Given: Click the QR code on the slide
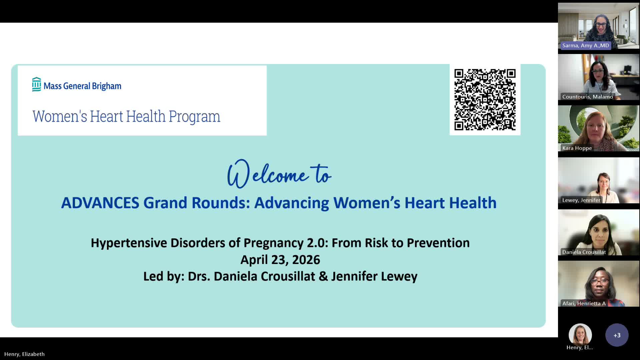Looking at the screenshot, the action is coord(485,100).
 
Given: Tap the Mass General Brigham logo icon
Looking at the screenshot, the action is coord(37,84).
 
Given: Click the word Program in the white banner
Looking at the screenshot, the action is coord(194,117).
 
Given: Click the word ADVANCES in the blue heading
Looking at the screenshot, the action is coord(100,203).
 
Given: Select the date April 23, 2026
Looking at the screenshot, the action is coord(280,260).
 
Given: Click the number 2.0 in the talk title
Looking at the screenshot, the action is coord(317,243).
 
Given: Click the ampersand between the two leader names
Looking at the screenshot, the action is coord(323,276).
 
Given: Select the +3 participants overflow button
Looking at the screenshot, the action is coord(617,335).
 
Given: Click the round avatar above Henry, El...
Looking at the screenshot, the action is coord(580,334).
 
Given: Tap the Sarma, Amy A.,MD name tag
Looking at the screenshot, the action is coord(586,46).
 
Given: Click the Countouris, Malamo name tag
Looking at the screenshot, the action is coord(588,97).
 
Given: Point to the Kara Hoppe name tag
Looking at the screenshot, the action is coord(577,148).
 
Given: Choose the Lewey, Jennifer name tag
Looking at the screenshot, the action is coord(581,200).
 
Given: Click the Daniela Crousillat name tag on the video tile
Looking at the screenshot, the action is coord(584,252).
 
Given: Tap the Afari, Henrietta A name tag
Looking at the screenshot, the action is coord(584,303).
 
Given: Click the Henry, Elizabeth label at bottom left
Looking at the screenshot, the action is coord(24,354).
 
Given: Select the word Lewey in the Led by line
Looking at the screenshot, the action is coord(399,276).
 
